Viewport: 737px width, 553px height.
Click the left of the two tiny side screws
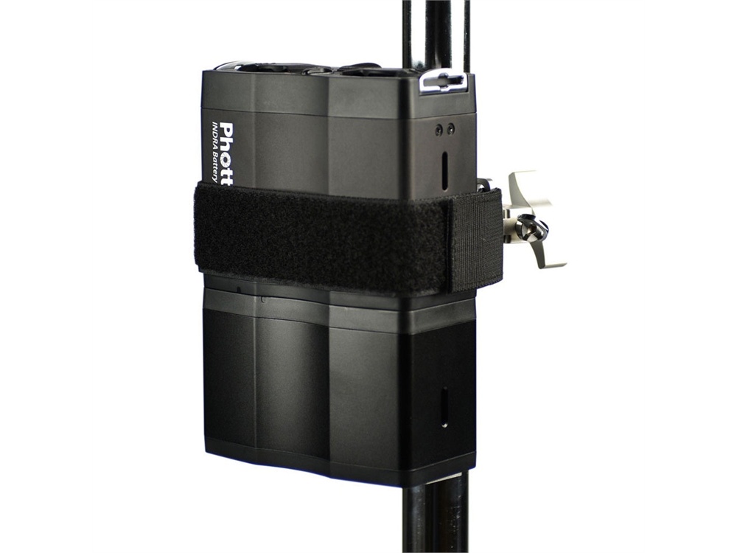coord(439,130)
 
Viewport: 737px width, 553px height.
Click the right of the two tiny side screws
coord(450,128)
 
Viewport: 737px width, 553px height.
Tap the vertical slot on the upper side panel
coord(444,167)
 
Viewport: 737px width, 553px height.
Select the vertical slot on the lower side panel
coord(444,407)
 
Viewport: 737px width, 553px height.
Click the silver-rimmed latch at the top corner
coord(442,82)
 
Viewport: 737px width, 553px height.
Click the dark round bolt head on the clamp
coord(532,230)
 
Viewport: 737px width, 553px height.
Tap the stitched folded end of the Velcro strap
coord(476,240)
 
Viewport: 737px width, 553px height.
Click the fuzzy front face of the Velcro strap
coord(324,236)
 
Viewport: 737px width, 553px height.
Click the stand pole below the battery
coord(435,520)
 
